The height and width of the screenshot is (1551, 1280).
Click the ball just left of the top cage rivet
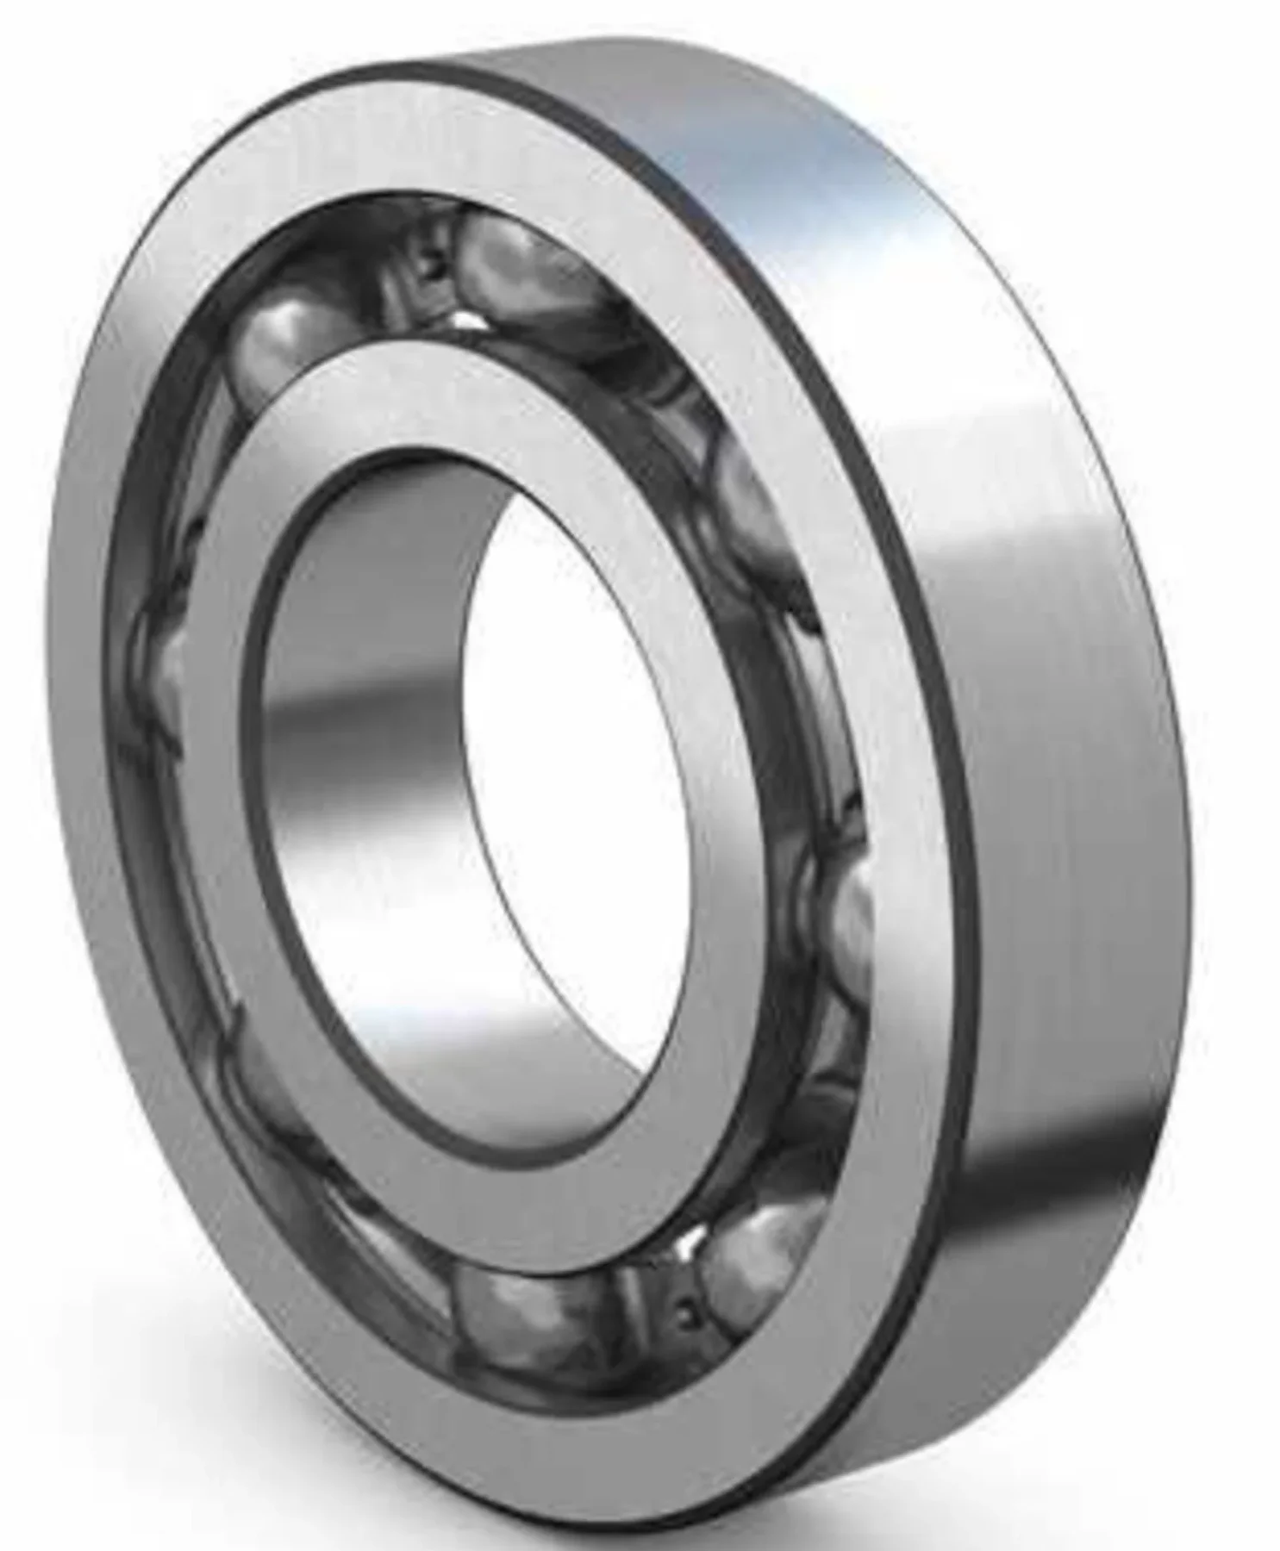pos(289,340)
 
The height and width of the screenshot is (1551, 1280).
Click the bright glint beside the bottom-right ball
pos(690,1241)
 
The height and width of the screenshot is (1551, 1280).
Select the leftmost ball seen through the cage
pos(164,681)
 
